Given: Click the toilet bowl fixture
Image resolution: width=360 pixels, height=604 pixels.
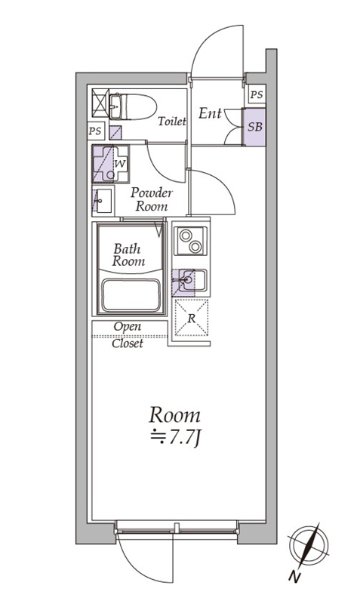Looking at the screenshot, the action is point(133,106).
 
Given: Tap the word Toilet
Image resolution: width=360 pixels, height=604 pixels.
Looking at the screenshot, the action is point(172,122).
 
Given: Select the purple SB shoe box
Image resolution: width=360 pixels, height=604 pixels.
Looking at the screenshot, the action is point(254,127).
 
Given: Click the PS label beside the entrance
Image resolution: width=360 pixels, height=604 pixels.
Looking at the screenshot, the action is point(257,94).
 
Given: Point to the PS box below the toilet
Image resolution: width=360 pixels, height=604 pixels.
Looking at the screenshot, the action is point(94,131).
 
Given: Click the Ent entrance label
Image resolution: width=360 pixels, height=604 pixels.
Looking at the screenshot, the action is point(211,113).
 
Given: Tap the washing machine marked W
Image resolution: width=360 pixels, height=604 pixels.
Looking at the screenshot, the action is point(110,164).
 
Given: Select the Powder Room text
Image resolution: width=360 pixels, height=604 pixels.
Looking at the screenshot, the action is point(152,199).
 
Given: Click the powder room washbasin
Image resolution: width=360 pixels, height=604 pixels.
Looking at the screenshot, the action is point(103,201).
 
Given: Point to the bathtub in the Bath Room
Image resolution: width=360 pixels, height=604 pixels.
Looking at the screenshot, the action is point(131,295).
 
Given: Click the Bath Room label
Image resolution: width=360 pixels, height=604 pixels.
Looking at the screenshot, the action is point(128,255).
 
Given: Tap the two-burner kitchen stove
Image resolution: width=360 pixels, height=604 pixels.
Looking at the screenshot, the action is point(191,241).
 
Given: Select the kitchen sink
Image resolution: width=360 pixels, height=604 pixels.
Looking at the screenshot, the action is point(189,282).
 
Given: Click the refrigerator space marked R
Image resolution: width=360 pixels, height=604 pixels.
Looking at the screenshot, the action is point(192,318).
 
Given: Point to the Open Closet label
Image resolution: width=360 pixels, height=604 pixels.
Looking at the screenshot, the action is point(128,334).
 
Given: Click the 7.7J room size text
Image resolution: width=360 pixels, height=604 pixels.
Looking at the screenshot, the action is point(175,439).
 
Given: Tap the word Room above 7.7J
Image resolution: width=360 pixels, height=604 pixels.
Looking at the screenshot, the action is point(175,415).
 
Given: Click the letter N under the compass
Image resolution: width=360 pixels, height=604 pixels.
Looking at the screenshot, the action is point(294,577).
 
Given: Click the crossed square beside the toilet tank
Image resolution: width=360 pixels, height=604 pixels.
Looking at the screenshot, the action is point(100,103).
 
